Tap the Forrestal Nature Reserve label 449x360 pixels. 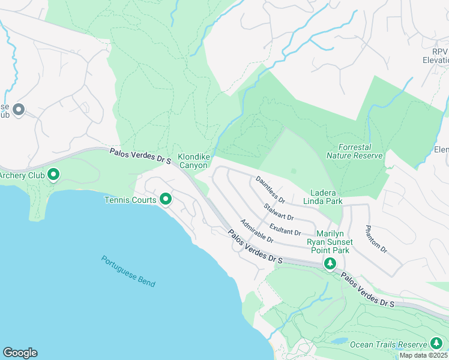coord(354,151)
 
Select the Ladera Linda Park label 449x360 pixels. coord(327,197)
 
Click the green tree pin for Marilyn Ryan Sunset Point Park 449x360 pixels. coord(330,263)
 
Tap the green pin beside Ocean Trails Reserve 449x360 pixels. coord(436,343)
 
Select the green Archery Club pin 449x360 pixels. coord(53,175)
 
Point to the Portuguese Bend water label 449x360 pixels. coord(128,271)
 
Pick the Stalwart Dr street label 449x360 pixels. coord(279,212)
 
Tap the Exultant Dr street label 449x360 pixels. coord(286,228)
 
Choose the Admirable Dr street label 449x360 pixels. coord(257,231)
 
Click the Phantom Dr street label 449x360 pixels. coord(371,238)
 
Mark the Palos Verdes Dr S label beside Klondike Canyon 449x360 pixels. coord(141,157)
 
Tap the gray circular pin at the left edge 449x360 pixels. coord(19,110)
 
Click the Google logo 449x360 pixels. coord(20,353)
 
